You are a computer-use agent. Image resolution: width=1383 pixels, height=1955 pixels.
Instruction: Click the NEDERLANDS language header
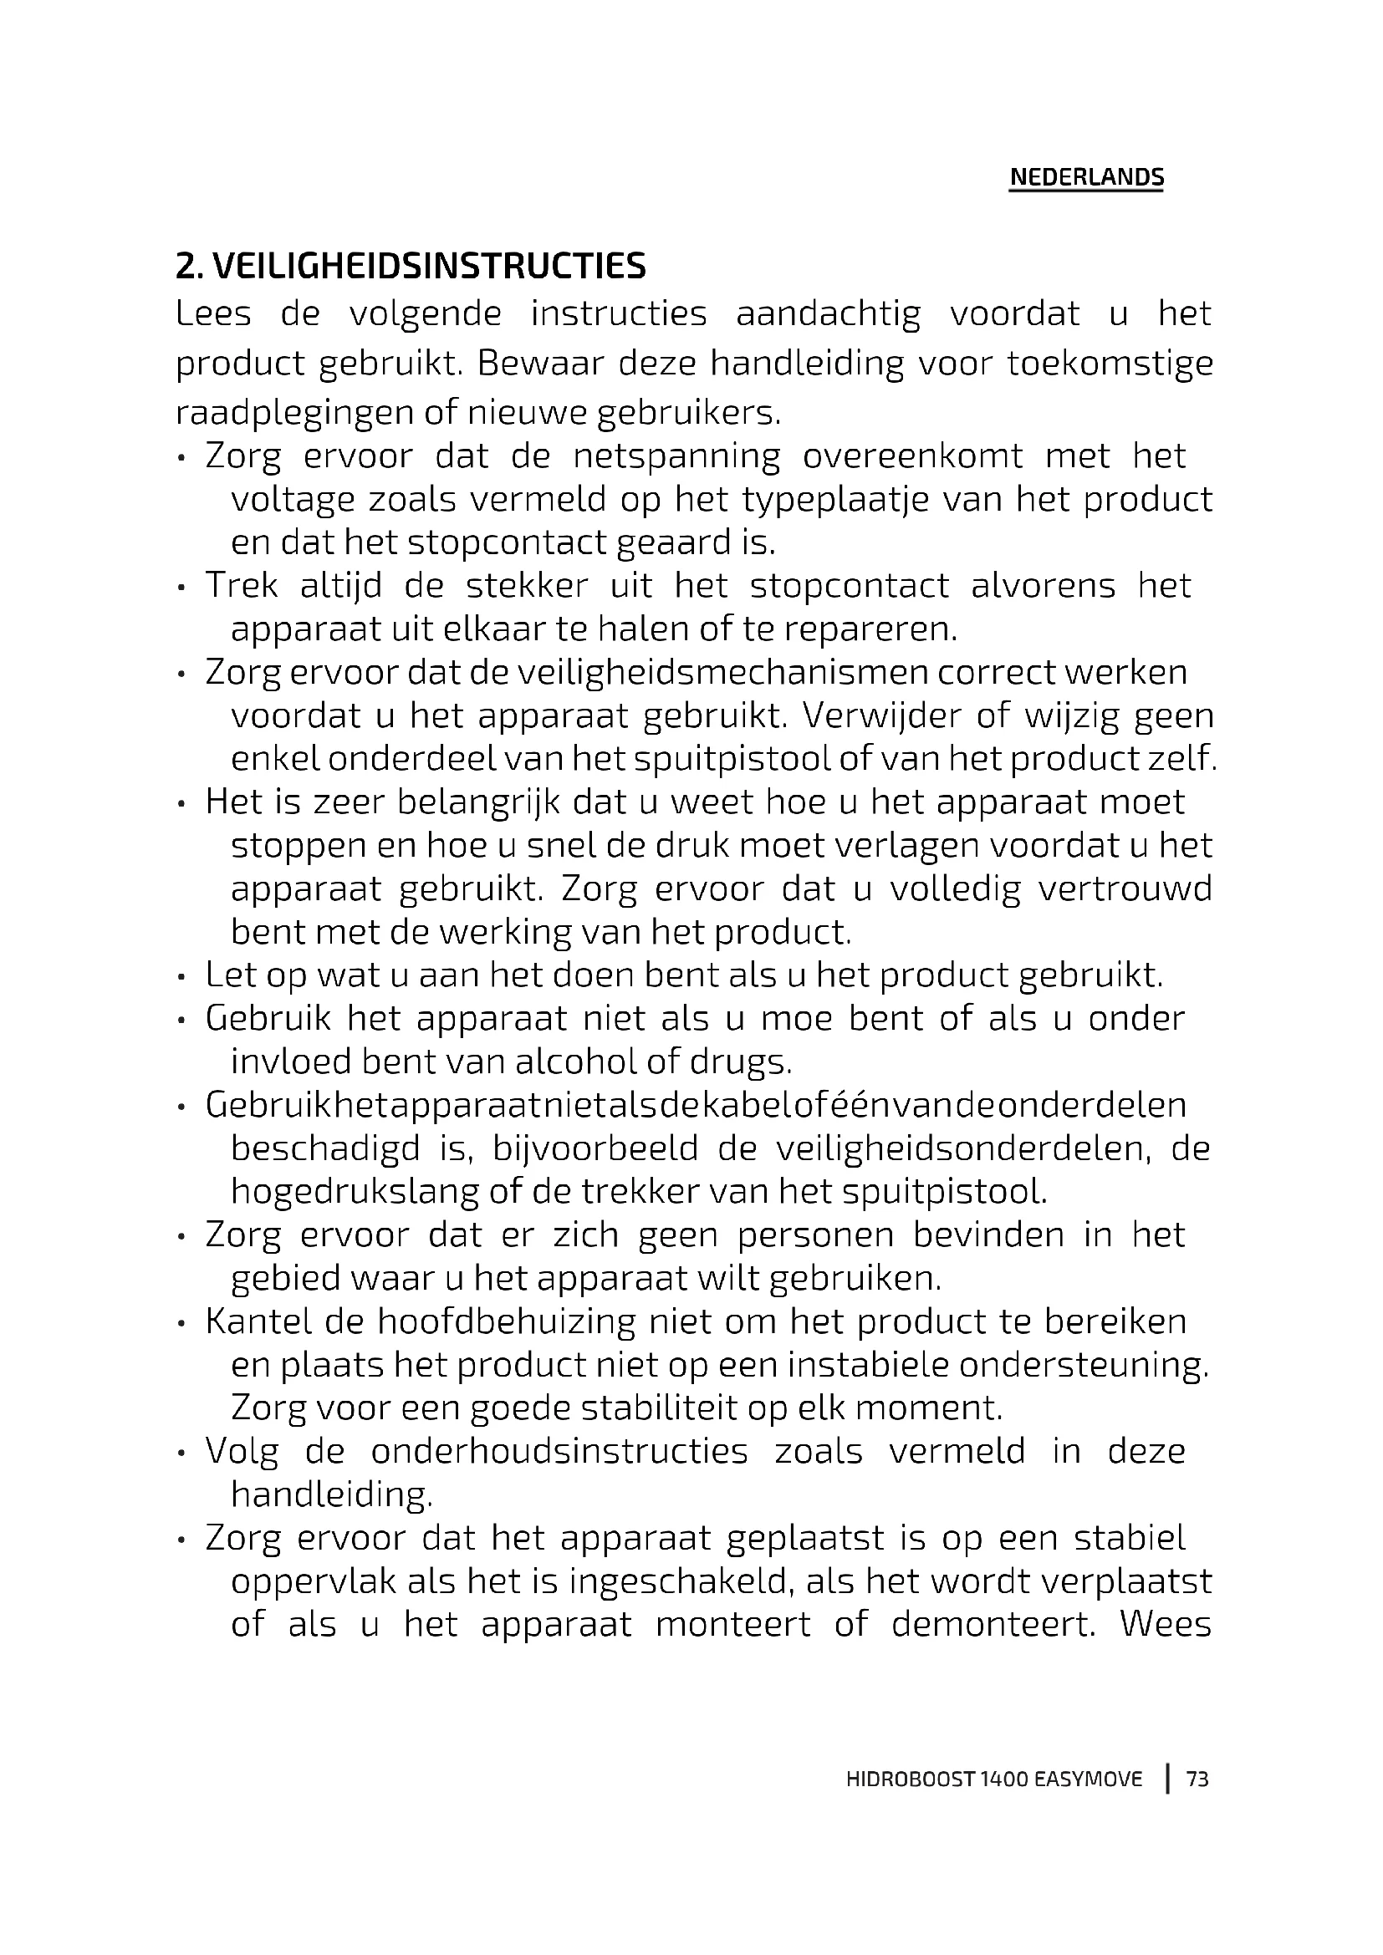[1086, 177]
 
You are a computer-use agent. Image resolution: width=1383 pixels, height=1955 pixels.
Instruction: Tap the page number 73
[1197, 1779]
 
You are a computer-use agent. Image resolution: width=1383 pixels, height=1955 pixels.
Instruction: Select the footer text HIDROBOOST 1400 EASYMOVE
[994, 1779]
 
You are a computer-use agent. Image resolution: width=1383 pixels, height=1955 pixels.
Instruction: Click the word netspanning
[676, 457]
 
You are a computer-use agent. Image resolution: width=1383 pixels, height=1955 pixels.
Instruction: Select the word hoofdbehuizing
[507, 1322]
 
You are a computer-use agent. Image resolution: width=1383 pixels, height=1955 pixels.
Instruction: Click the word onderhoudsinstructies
[559, 1452]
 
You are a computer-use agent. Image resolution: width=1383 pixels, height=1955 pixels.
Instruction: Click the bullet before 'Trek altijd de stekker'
[181, 588]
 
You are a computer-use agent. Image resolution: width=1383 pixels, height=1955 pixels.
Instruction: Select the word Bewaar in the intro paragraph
[539, 364]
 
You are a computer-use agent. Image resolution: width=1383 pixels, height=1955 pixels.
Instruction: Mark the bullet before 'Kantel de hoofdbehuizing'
[181, 1325]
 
